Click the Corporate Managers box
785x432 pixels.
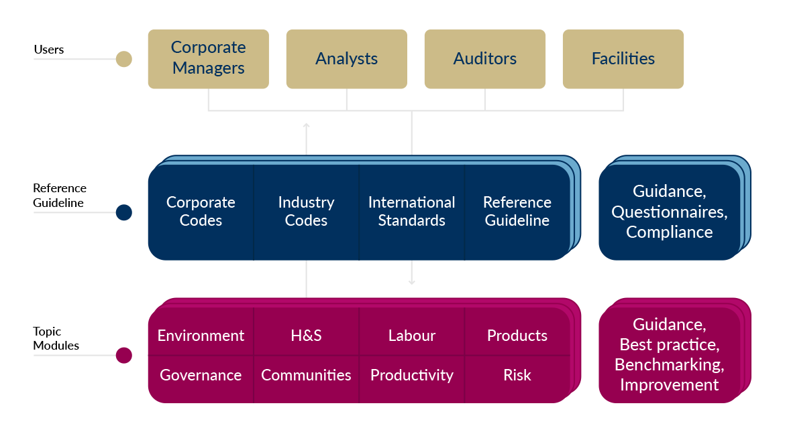[x=208, y=58]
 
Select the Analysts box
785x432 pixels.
[x=346, y=58]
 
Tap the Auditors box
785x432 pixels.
[x=484, y=58]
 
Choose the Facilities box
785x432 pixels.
[x=623, y=58]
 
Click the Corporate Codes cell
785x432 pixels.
[x=201, y=212]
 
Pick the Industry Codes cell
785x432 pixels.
[x=306, y=212]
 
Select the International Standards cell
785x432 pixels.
[x=411, y=212]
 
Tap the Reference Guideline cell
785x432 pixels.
[x=517, y=212]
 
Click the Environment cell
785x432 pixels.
[x=201, y=336]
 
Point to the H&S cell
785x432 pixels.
[x=306, y=336]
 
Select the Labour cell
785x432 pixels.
[x=411, y=336]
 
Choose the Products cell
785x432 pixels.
[x=517, y=336]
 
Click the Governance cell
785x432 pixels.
[x=201, y=375]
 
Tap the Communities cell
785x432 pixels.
[x=306, y=375]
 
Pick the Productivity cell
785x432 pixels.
[x=411, y=375]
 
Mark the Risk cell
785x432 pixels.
[x=517, y=375]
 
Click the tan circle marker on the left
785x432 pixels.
[x=123, y=60]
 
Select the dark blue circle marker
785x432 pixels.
[x=123, y=212]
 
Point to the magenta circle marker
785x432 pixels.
[x=123, y=356]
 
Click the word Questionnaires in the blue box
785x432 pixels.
[x=669, y=212]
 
